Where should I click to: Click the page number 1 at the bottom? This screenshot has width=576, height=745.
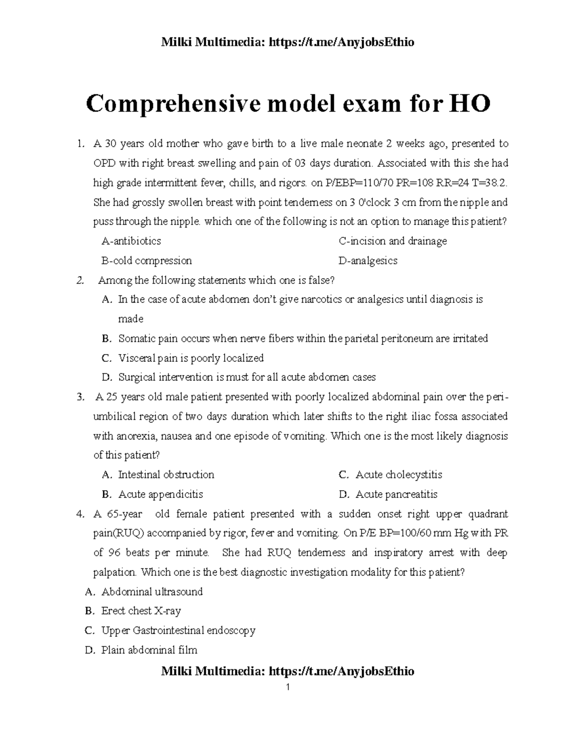[x=288, y=687]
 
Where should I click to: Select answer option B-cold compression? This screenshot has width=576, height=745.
[x=147, y=260]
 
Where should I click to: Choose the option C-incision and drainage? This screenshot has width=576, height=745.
[x=393, y=241]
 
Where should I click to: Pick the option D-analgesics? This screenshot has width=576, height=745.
[x=368, y=260]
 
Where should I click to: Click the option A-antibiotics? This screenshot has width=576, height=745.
[x=132, y=241]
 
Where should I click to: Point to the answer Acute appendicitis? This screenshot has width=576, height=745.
[x=161, y=494]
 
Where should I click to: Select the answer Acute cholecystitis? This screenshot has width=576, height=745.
[x=398, y=474]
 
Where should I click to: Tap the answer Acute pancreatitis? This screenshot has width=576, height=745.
[x=396, y=494]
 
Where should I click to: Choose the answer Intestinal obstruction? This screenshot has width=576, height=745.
[x=166, y=474]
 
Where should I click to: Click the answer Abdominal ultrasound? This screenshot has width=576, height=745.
[x=152, y=591]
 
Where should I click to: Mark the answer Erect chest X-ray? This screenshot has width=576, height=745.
[x=141, y=611]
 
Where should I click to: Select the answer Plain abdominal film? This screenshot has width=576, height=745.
[x=149, y=650]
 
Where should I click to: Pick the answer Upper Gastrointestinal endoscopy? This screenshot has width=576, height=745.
[x=178, y=630]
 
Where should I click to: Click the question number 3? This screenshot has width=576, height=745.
[x=80, y=397]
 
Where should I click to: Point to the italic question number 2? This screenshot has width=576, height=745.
[x=80, y=280]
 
